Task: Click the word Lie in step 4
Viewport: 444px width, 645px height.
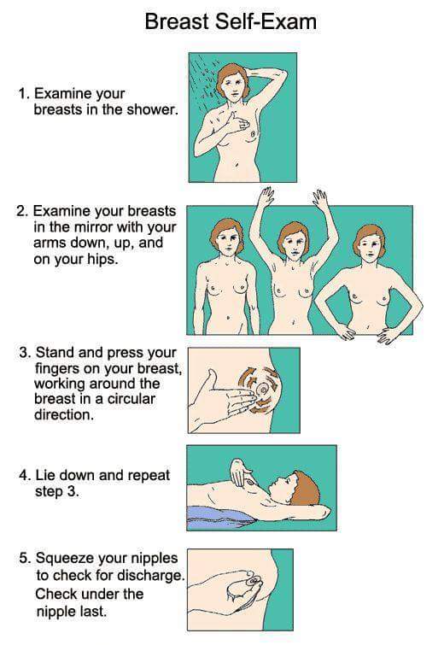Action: pos(44,475)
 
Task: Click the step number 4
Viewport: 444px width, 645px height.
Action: pos(24,476)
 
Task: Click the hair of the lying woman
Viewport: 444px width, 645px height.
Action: pos(306,489)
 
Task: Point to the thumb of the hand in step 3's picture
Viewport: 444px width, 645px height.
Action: pos(212,378)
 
